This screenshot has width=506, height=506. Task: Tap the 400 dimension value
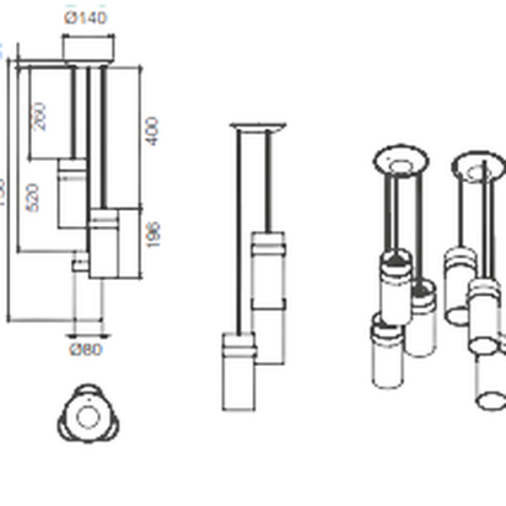point(152,130)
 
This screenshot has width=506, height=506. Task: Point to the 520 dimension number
point(32,199)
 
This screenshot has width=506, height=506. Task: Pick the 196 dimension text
point(153,234)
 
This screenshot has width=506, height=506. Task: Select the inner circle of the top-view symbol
point(87,417)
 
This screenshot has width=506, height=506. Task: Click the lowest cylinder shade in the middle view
point(239,371)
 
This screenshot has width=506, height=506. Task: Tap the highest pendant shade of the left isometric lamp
point(396,283)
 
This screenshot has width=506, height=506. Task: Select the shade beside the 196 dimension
point(104,245)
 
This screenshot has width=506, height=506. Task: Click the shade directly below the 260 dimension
point(69,194)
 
